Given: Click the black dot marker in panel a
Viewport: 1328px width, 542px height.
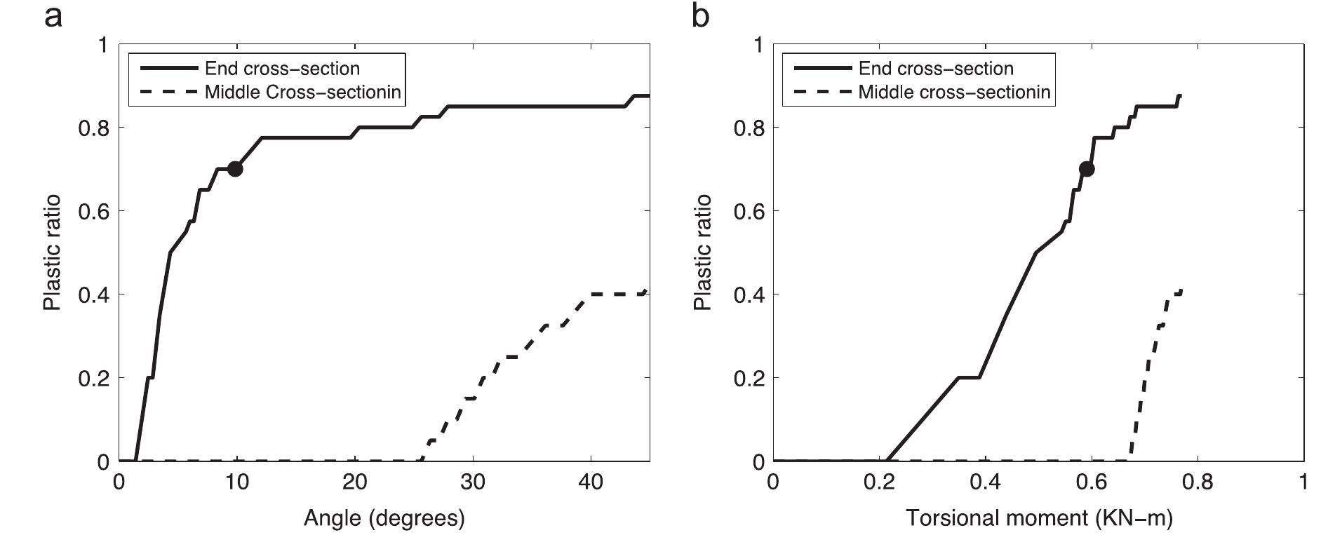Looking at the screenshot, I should (x=235, y=169).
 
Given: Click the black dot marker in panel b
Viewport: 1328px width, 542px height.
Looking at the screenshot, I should (x=1087, y=169).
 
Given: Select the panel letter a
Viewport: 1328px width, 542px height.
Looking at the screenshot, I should (x=53, y=15).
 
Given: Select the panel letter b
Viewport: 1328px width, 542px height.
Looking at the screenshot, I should (x=700, y=15).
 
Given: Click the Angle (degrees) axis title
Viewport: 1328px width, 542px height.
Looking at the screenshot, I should (x=384, y=518).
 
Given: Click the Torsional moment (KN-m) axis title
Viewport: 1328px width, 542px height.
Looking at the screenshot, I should (x=1038, y=518).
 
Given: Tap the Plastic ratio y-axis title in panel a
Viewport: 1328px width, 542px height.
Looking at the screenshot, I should (x=53, y=253).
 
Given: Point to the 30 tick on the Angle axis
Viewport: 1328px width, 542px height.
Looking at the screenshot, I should (x=473, y=483).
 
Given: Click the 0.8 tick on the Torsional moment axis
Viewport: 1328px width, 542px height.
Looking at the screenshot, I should (x=1197, y=483).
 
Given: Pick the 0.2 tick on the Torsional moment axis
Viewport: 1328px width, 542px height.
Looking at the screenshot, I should (x=879, y=483).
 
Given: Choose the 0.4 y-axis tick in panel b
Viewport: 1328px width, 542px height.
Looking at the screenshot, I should (x=747, y=294).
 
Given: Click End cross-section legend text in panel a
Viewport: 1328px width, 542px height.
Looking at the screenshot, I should (x=282, y=69).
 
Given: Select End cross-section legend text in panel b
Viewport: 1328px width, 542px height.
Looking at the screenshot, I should (x=936, y=69).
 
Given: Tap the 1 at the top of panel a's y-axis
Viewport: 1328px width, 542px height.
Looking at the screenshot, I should (x=103, y=45).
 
